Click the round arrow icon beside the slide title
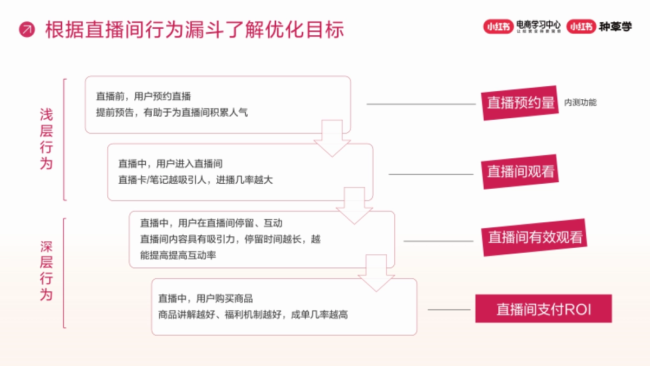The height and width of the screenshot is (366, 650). click(27, 29)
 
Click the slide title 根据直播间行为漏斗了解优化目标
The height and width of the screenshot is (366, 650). click(194, 29)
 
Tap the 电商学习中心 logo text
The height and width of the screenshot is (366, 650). click(538, 25)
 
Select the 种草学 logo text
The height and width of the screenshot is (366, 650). click(615, 27)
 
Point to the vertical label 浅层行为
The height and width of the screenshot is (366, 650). click(47, 139)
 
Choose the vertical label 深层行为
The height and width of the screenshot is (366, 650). click(47, 271)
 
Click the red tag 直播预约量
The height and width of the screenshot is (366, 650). click(521, 102)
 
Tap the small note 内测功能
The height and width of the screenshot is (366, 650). click(580, 102)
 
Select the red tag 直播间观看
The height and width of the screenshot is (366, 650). click(521, 171)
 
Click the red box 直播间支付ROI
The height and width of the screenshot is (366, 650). click(543, 309)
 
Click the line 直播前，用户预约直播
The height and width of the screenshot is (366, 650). click(144, 97)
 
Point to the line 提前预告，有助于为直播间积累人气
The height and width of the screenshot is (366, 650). click(172, 113)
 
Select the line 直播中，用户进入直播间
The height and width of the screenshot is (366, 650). click(171, 164)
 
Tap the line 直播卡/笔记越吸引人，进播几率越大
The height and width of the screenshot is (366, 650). click(196, 180)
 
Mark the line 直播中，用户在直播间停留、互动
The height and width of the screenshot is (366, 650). click(211, 223)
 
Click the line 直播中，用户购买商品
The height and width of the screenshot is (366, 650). click(206, 298)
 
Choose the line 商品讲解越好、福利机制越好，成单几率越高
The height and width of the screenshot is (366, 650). click(253, 314)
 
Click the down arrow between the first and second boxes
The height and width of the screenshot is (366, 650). click(332, 138)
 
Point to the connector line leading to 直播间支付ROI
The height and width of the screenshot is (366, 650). click(449, 310)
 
